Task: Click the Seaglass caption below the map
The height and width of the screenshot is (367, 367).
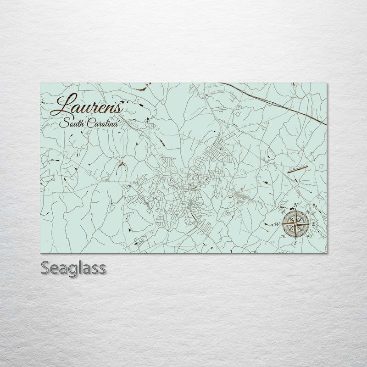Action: [x=73, y=267]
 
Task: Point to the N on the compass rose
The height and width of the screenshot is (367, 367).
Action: [x=296, y=205]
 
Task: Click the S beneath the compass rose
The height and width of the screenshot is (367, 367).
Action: [x=295, y=242]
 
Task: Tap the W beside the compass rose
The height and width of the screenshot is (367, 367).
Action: [x=277, y=224]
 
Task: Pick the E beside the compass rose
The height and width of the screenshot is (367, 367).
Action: [x=314, y=224]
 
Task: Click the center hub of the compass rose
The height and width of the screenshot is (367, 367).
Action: [x=295, y=223]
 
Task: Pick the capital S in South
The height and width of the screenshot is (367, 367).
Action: [x=63, y=123]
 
